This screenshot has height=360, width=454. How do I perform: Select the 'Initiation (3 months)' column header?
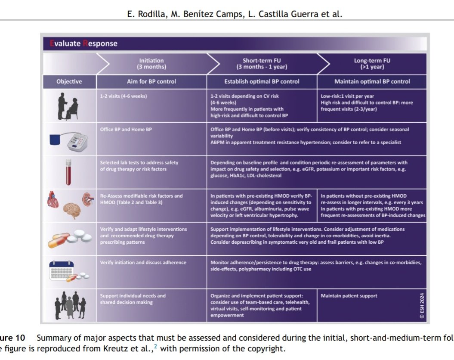click(151, 64)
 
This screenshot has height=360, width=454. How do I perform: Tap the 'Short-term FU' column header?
click(262, 64)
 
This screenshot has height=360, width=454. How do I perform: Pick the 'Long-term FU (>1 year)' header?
click(372, 64)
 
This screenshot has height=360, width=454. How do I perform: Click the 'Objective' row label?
click(69, 81)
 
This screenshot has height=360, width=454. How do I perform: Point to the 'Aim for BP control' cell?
click(151, 81)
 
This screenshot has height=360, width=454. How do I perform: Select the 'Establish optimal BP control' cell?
click(262, 81)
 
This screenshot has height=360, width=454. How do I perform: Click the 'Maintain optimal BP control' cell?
click(372, 81)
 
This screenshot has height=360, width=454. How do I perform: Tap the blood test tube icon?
click(68, 172)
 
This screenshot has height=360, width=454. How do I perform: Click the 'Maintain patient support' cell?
click(349, 296)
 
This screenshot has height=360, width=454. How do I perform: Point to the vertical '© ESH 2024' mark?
click(422, 306)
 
